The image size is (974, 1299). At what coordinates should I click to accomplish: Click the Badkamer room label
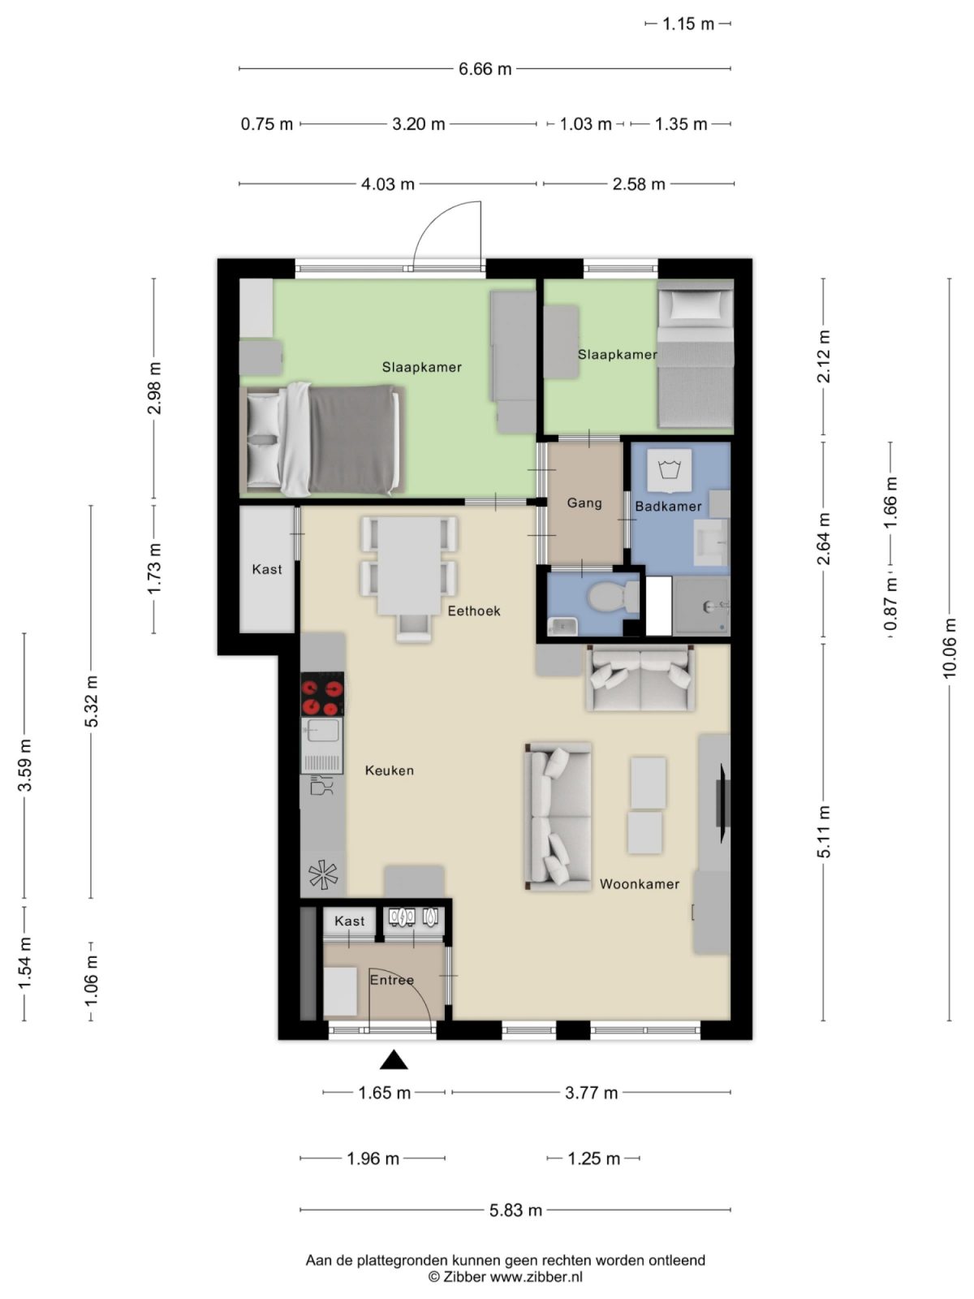click(x=668, y=507)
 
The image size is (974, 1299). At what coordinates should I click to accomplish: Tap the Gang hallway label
click(x=584, y=503)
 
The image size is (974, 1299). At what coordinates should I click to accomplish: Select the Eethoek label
click(x=474, y=611)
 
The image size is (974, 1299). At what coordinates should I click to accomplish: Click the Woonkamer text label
click(x=640, y=884)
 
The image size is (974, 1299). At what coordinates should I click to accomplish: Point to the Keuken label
click(x=390, y=770)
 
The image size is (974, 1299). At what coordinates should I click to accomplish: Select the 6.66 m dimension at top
click(x=485, y=69)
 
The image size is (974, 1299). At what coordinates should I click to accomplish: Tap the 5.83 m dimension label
click(x=515, y=1211)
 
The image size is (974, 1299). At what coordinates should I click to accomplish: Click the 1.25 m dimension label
click(x=594, y=1159)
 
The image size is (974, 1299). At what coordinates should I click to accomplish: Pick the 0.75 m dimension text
click(x=267, y=124)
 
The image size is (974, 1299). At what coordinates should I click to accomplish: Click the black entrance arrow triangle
click(x=394, y=1059)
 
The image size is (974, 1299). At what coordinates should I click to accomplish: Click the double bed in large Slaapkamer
click(x=325, y=439)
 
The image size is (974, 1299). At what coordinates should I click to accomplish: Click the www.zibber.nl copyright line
click(x=505, y=1276)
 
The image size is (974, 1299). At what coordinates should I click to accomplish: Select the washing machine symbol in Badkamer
click(x=670, y=470)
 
